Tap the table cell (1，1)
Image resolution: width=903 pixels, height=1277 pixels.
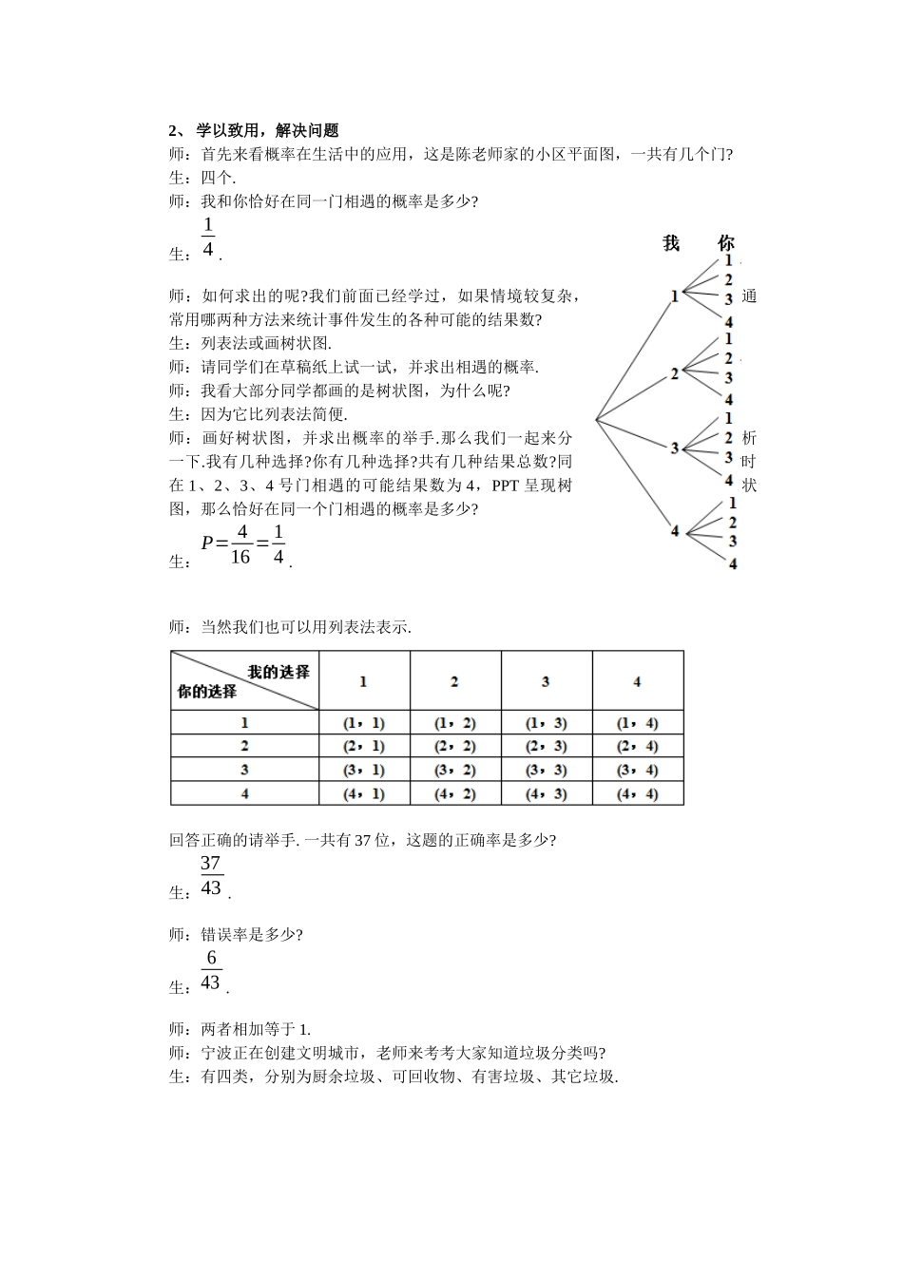pyautogui.click(x=363, y=723)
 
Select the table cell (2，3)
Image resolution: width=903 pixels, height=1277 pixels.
pyautogui.click(x=546, y=747)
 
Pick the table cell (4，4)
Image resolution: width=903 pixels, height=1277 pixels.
pyautogui.click(x=637, y=793)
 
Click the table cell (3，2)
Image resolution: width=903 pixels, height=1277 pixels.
pyautogui.click(x=454, y=771)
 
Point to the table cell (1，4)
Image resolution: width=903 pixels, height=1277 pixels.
pyautogui.click(x=637, y=723)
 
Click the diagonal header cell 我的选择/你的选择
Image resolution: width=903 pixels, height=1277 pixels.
pyautogui.click(x=244, y=681)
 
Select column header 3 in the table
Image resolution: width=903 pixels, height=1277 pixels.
pyautogui.click(x=546, y=681)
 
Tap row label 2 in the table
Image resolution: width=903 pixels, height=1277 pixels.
pyautogui.click(x=244, y=747)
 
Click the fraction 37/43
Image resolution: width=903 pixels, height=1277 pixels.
pyautogui.click(x=211, y=876)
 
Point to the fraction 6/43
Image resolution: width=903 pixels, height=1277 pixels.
pyautogui.click(x=211, y=970)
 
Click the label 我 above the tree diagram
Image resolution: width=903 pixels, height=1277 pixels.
pyautogui.click(x=671, y=244)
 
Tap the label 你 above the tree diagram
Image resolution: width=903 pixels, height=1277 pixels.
pyautogui.click(x=726, y=244)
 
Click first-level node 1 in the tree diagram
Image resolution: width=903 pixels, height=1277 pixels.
pyautogui.click(x=675, y=296)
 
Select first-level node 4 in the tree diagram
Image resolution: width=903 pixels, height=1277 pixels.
pyautogui.click(x=675, y=531)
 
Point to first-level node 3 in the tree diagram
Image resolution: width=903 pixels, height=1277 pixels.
pyautogui.click(x=675, y=448)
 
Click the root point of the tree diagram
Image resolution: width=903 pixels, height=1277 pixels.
pyautogui.click(x=597, y=418)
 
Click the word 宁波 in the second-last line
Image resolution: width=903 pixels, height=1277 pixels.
pyautogui.click(x=216, y=1053)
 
